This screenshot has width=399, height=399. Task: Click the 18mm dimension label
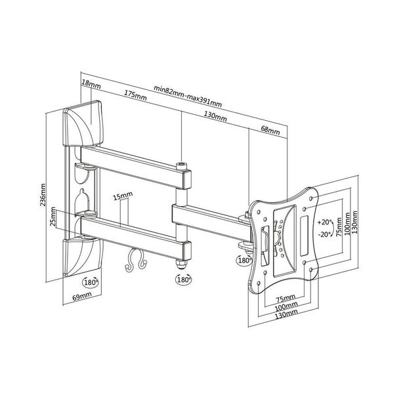[x=91, y=83]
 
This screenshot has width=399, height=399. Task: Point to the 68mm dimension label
[x=270, y=131]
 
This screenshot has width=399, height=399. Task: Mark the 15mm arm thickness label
[x=122, y=196]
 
